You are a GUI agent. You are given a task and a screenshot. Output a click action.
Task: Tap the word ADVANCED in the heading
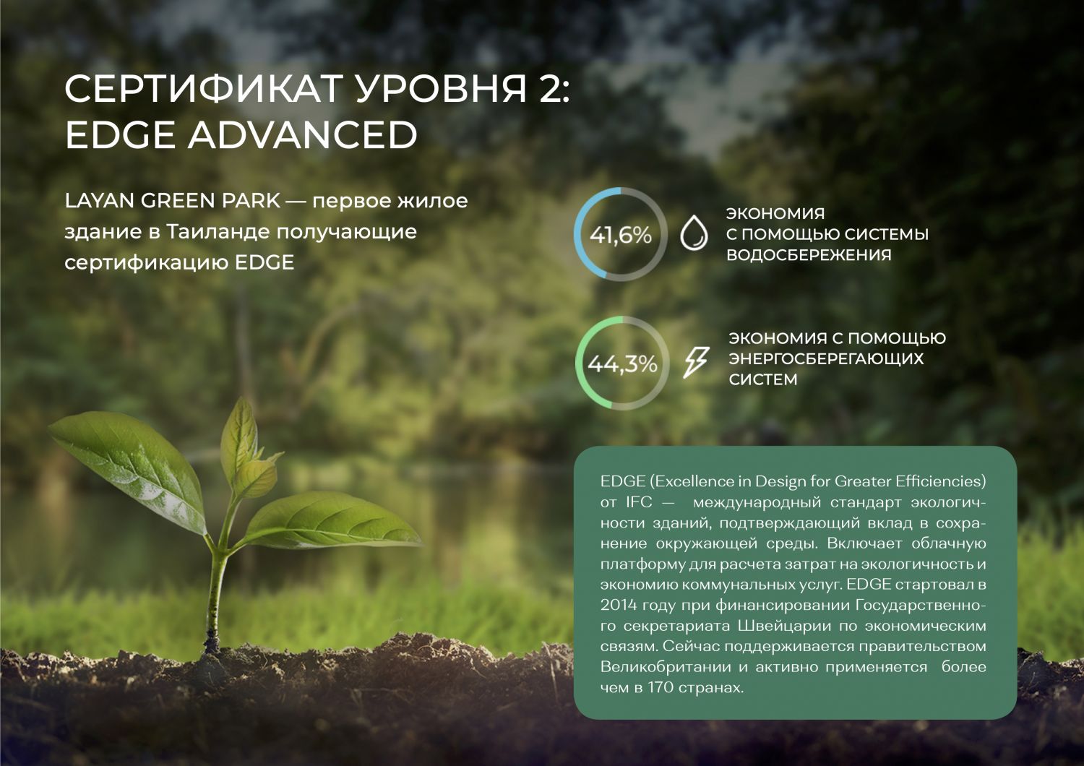point(303,134)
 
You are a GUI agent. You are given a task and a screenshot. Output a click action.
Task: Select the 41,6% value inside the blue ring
point(620,236)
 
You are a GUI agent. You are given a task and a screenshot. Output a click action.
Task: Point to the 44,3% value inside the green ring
point(622,364)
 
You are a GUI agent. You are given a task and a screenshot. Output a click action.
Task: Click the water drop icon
point(694,232)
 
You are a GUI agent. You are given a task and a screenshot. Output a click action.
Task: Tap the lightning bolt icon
point(696,361)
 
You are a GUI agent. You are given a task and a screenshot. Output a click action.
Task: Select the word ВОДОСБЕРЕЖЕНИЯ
point(809,255)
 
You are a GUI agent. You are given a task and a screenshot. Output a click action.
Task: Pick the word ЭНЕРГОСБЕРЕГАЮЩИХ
point(826,358)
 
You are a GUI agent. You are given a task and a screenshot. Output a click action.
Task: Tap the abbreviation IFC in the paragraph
point(639,502)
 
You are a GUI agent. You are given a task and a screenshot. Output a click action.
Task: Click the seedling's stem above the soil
point(215,595)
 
